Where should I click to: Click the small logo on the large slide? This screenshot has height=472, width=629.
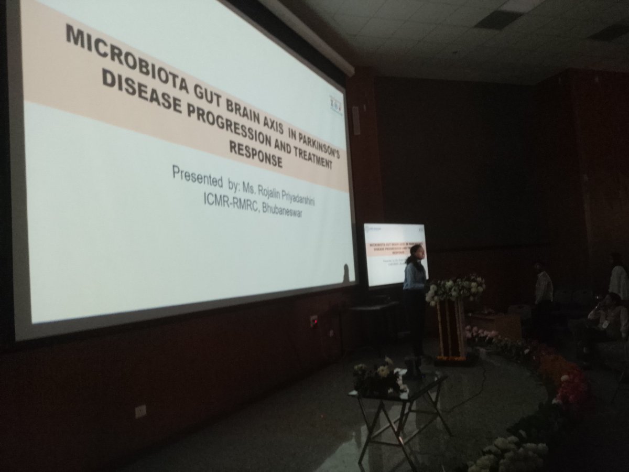click(x=335, y=104)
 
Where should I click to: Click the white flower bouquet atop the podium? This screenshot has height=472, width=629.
click(x=455, y=288)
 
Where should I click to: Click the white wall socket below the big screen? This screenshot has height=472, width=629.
click(x=140, y=411)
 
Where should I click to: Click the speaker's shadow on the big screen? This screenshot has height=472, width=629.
click(x=346, y=273)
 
